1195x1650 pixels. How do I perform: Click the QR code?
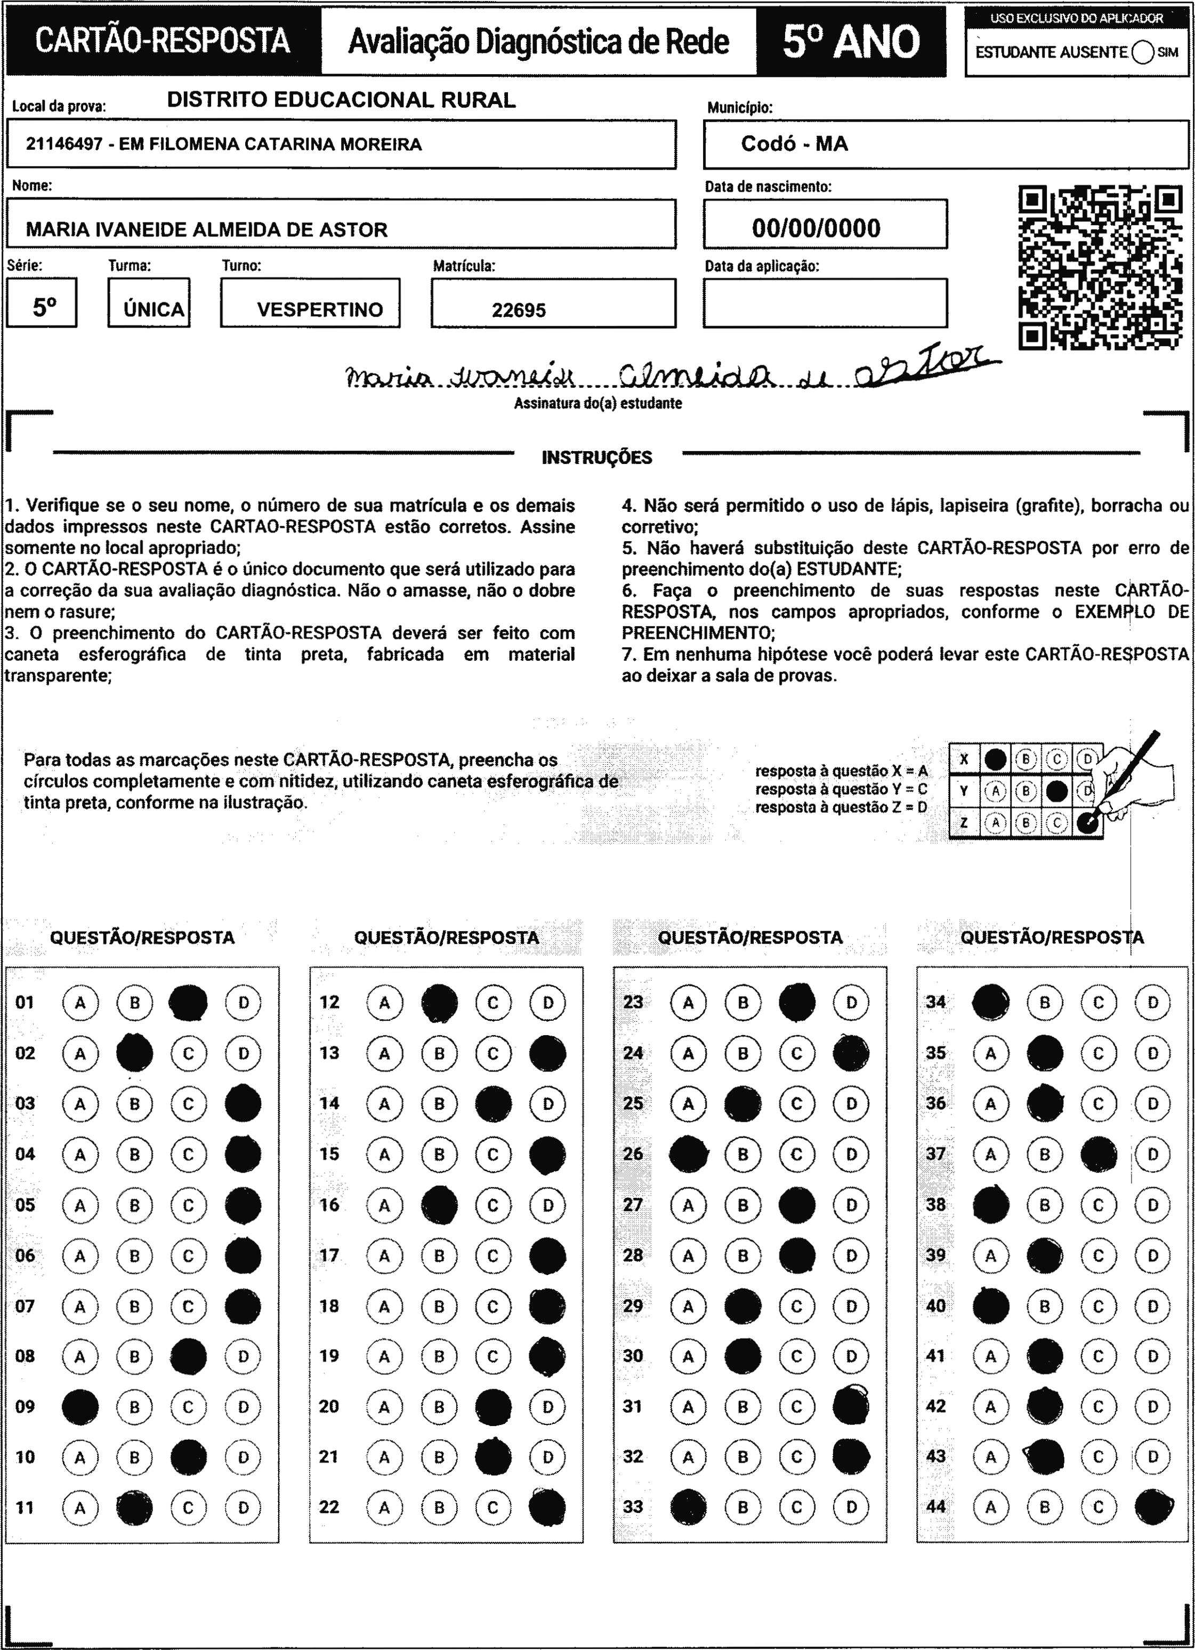click(x=1100, y=268)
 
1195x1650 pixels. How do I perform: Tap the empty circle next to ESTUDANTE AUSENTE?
click(x=1143, y=52)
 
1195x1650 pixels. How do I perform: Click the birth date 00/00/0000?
click(x=816, y=228)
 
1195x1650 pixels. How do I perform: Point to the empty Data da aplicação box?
click(x=825, y=303)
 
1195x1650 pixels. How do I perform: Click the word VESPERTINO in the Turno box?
click(x=319, y=310)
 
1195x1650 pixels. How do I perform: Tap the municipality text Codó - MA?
click(x=794, y=144)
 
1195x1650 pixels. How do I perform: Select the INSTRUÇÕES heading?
click(x=596, y=458)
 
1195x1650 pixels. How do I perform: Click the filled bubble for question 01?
click(x=188, y=1003)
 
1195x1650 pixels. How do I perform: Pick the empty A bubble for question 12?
click(x=384, y=1003)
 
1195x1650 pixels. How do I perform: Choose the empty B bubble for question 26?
click(x=742, y=1155)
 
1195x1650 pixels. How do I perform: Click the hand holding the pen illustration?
click(x=1135, y=779)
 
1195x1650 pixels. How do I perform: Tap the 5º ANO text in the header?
click(x=851, y=42)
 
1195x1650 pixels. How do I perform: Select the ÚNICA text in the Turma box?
click(x=154, y=310)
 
